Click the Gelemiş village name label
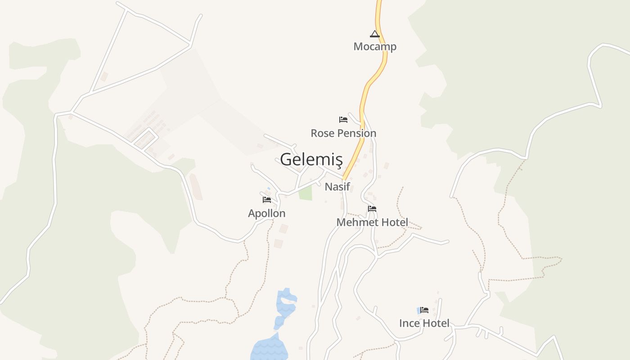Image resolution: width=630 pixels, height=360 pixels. (x=311, y=159)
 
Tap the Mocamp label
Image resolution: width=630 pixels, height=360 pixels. (x=375, y=46)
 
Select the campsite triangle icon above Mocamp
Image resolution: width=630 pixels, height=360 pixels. (x=375, y=34)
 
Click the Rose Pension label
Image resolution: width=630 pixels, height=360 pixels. (x=343, y=133)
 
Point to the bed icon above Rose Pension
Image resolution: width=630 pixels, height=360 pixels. (x=343, y=120)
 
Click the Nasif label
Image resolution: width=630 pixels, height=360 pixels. (x=337, y=186)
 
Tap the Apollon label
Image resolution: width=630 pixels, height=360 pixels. (x=267, y=213)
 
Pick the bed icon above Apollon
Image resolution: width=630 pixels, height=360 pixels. (x=267, y=200)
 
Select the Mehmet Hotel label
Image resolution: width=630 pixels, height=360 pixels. (x=372, y=222)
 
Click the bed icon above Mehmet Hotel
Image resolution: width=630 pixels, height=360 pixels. (x=372, y=209)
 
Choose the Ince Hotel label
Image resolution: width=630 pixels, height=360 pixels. (x=424, y=323)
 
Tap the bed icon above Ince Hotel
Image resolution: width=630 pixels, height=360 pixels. (x=424, y=310)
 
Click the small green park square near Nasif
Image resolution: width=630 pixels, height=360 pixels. (x=306, y=193)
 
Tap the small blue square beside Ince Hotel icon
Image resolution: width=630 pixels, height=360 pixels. (x=418, y=310)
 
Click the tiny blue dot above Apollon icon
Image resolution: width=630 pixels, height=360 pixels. (x=269, y=189)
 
